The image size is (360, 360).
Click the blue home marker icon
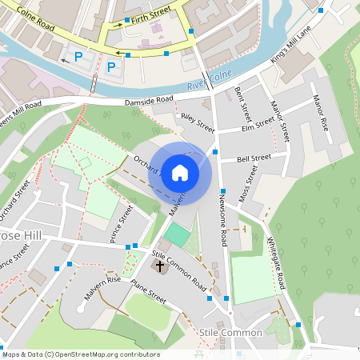point(180,173)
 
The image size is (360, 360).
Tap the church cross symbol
point(159,265)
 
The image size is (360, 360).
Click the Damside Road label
point(149,101)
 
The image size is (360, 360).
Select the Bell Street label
point(254,158)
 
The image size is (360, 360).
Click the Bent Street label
point(244,103)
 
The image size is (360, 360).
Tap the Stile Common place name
point(231,332)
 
